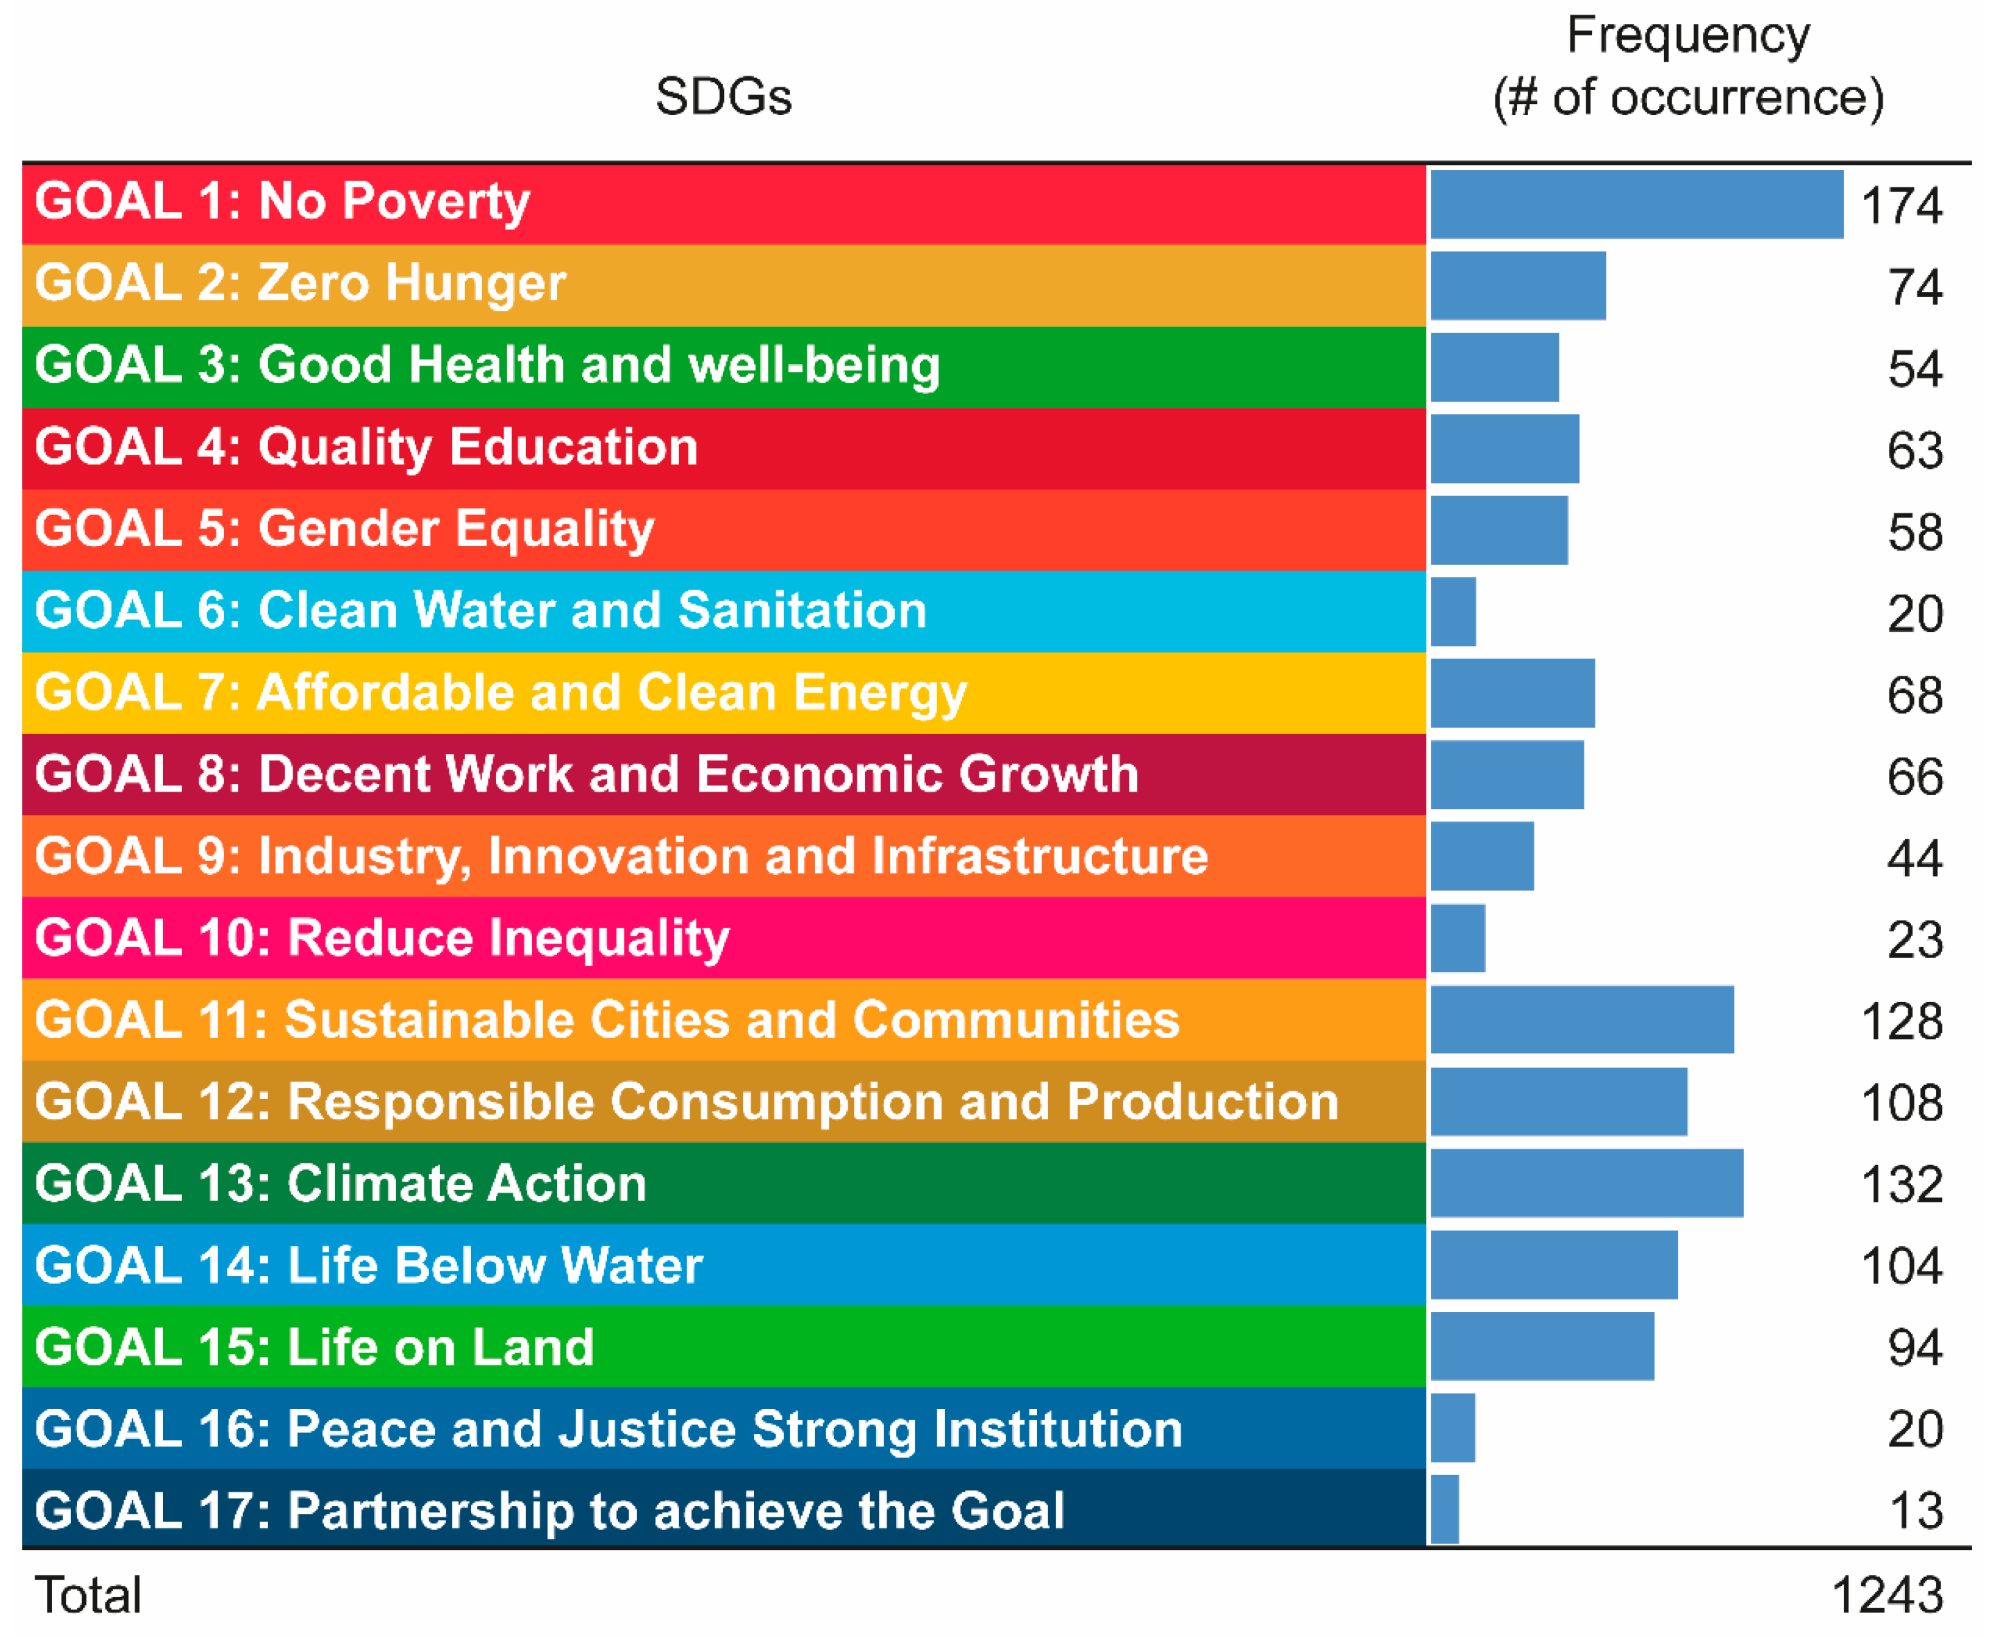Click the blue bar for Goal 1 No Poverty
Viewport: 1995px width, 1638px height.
[1636, 204]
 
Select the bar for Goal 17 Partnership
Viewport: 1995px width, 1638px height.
[1444, 1510]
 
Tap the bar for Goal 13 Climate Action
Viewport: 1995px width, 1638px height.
[1586, 1183]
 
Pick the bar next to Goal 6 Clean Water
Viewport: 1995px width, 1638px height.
[1453, 611]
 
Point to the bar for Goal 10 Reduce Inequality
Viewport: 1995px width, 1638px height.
[1457, 938]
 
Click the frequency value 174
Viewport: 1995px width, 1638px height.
[1901, 205]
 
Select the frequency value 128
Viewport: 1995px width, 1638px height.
[1901, 1022]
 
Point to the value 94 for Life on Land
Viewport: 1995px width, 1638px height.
[1915, 1347]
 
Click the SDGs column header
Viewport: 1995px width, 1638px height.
[723, 96]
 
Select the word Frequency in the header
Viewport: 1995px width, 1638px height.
[1688, 36]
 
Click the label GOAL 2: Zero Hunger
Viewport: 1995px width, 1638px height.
[300, 283]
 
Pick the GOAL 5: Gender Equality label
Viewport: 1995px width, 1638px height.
[344, 529]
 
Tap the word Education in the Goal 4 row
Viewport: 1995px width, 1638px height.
[574, 447]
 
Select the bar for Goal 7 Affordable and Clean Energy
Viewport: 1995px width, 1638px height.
[1512, 694]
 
